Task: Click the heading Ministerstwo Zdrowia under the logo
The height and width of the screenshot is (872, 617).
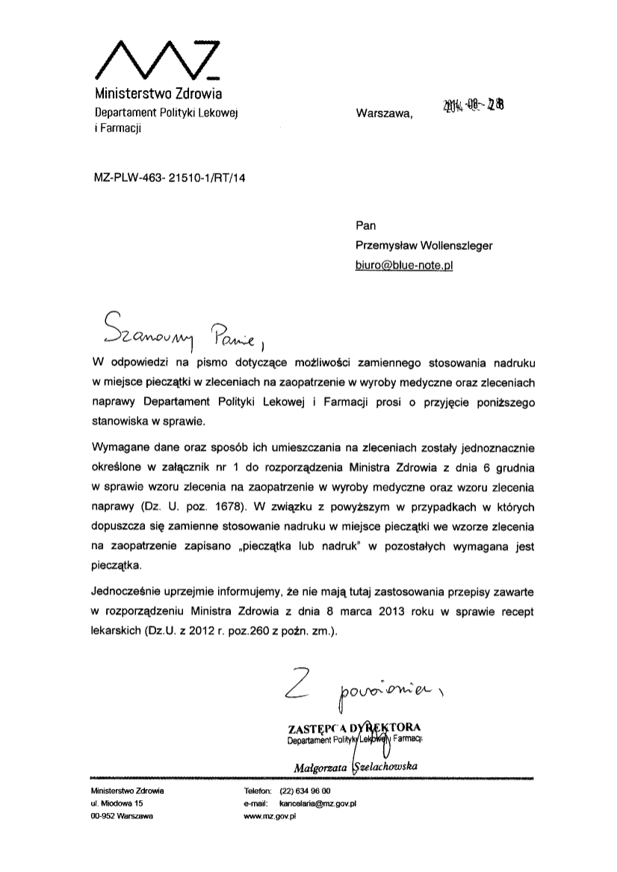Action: pyautogui.click(x=158, y=95)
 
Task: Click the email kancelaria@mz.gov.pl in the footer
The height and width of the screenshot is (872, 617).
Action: pyautogui.click(x=318, y=803)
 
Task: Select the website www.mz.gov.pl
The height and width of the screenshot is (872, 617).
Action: pyautogui.click(x=270, y=817)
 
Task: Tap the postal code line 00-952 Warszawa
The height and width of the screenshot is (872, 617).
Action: pyautogui.click(x=121, y=817)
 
